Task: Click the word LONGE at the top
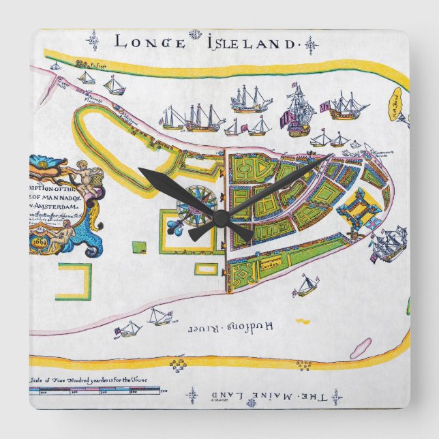[x=149, y=42]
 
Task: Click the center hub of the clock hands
[x=219, y=216]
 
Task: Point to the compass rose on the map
[x=197, y=202]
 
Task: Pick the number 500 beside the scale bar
[x=164, y=391]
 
